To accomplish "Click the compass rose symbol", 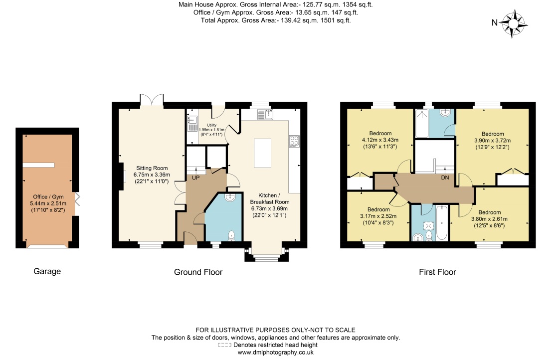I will [x=514, y=23].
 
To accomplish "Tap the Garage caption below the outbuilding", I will [x=47, y=271].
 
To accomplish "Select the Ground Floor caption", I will [x=198, y=272].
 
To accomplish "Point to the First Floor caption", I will [x=437, y=272].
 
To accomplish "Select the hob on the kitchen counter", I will [x=294, y=142].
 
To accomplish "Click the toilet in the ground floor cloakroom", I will [x=231, y=236].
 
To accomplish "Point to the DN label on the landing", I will [x=445, y=178].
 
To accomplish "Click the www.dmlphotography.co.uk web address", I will [x=275, y=352].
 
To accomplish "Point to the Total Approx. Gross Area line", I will [x=276, y=20].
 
